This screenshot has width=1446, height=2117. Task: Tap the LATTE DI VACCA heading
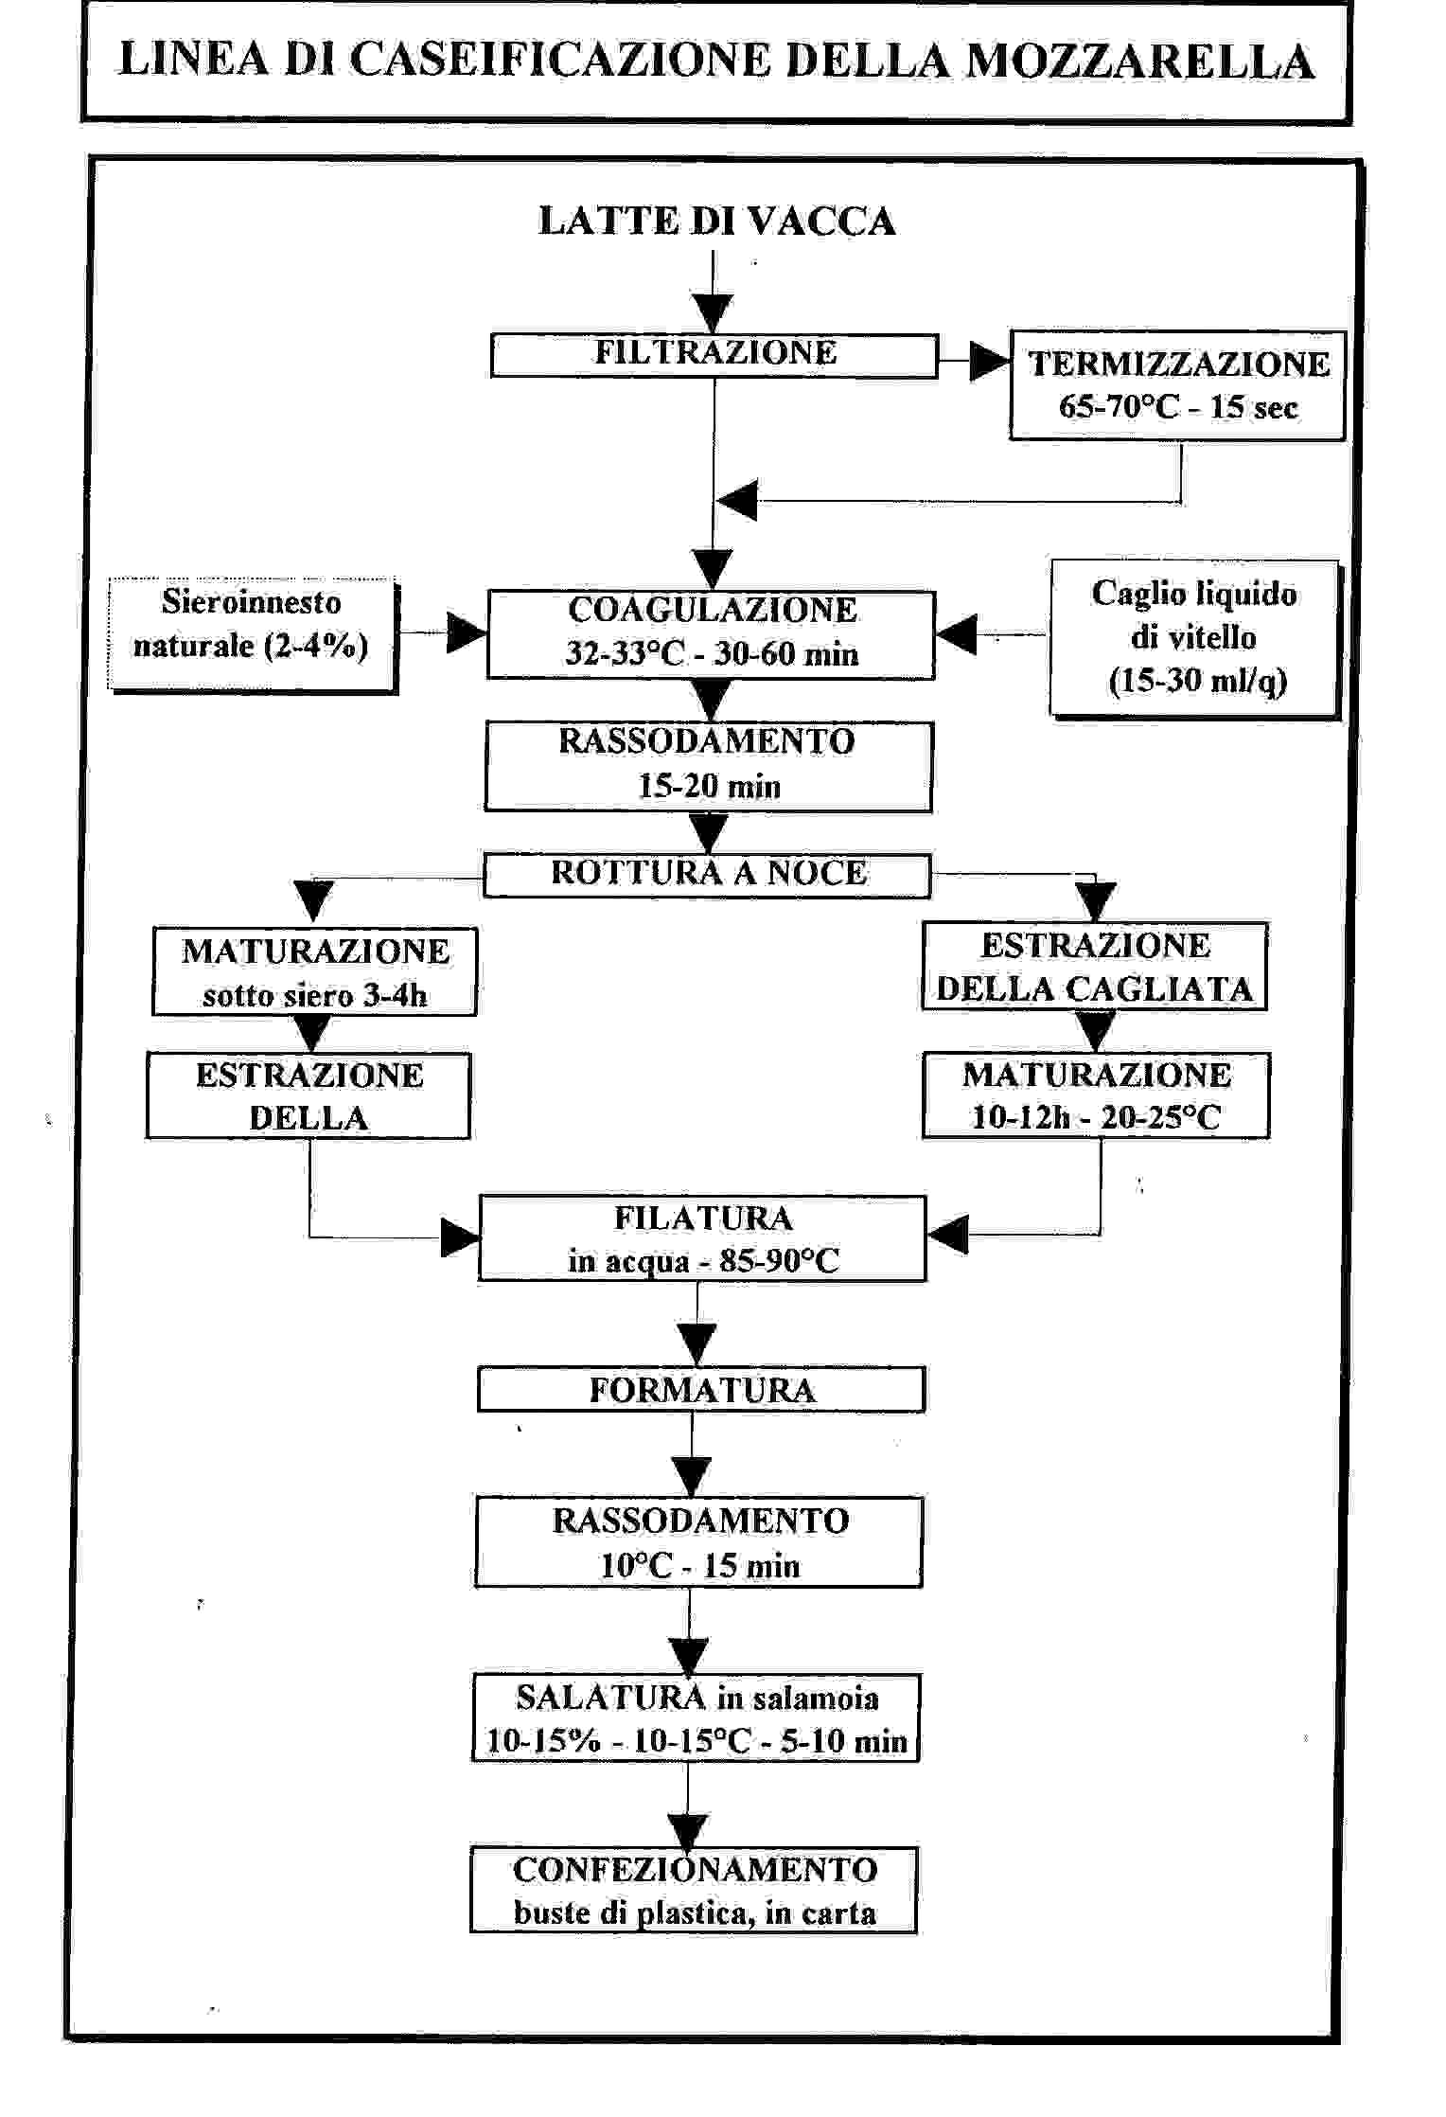coord(716,222)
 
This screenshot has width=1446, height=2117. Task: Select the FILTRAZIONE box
coord(714,355)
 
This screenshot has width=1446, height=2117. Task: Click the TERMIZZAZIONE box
coord(1178,385)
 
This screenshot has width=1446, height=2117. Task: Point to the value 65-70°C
coord(1120,407)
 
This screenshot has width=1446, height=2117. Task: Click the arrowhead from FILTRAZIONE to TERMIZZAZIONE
coord(991,361)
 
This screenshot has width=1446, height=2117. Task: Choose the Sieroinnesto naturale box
coord(252,634)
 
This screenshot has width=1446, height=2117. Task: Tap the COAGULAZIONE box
coord(711,634)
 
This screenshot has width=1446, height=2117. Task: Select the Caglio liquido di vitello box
coord(1194,638)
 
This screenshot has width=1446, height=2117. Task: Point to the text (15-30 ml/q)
coord(1197,681)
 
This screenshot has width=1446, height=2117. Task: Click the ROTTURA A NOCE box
coord(707,875)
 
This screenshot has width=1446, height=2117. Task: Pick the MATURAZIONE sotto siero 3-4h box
coord(315,972)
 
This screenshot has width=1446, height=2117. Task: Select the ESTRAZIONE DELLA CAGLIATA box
coord(1095,967)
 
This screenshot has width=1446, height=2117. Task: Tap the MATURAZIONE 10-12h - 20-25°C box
coord(1096,1095)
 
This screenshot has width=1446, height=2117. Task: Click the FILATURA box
coord(702,1238)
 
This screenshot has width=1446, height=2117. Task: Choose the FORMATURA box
coord(701,1390)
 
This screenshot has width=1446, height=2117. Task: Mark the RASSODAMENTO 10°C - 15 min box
coord(698,1542)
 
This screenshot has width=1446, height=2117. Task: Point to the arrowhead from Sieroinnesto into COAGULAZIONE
coord(467,633)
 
